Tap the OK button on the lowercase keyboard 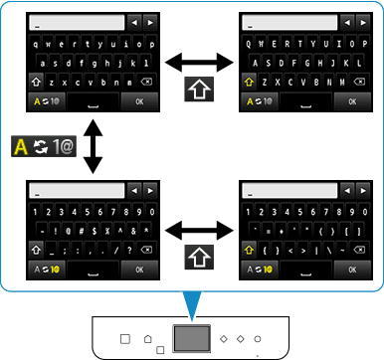pyautogui.click(x=139, y=99)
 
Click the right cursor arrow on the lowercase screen pyautogui.click(x=150, y=21)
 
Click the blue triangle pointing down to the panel pyautogui.click(x=192, y=302)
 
